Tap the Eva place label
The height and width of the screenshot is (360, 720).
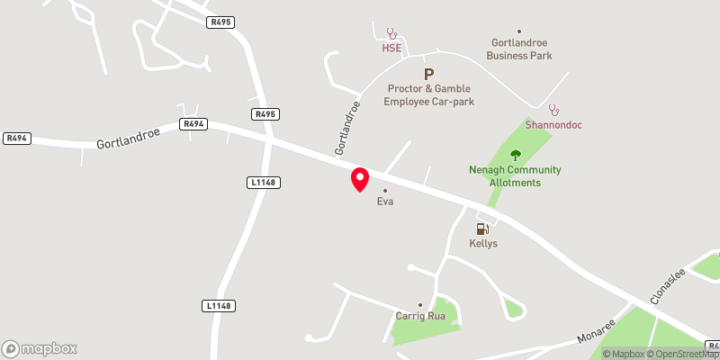click(385, 202)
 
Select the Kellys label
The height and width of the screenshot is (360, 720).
click(483, 244)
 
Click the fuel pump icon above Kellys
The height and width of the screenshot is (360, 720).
click(482, 229)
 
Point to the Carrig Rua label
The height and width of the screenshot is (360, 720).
click(420, 317)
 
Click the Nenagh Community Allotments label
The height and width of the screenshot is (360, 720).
click(515, 176)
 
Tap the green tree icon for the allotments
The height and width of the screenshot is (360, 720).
click(516, 155)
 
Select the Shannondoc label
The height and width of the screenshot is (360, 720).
click(553, 124)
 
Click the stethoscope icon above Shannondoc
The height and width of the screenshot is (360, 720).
click(553, 109)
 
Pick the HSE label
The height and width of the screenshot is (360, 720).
click(391, 48)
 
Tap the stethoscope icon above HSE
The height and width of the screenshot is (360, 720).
click(391, 32)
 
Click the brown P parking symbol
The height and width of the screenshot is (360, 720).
click(428, 75)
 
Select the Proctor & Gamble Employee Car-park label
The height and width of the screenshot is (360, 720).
click(430, 95)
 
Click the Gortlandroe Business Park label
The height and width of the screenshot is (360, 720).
click(519, 49)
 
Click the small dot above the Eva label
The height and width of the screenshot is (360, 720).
click(385, 191)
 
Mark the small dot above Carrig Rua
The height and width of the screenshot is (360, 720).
click(419, 305)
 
